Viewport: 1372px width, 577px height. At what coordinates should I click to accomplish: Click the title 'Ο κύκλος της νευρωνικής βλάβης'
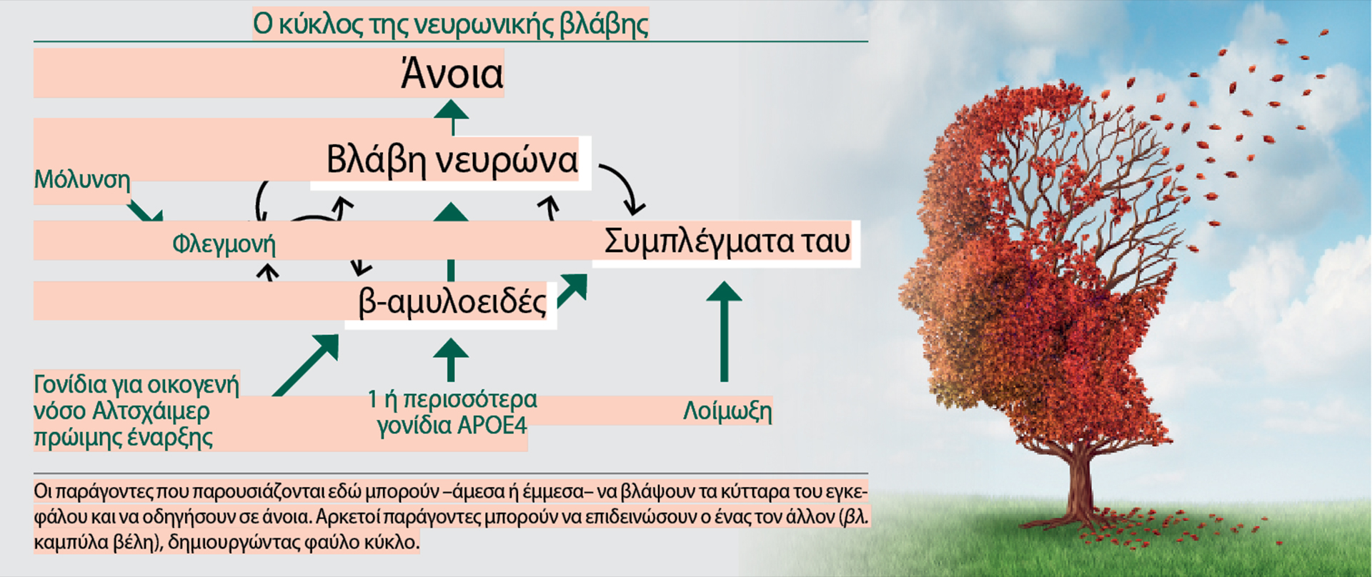[x=450, y=24]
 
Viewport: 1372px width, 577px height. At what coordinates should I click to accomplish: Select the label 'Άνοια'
[x=452, y=74]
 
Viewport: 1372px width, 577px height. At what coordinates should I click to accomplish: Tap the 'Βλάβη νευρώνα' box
[x=452, y=160]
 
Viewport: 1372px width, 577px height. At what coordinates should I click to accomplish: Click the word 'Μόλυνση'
[x=82, y=179]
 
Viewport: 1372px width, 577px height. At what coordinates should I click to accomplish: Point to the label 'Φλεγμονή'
[x=224, y=244]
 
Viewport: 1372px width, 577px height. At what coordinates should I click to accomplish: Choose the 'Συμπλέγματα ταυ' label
[x=727, y=241]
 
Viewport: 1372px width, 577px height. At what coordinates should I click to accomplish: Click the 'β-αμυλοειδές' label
[x=452, y=302]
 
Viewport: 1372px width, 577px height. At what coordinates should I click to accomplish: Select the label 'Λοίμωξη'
[x=727, y=411]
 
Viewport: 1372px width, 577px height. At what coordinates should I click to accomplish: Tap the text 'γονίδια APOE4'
[x=452, y=426]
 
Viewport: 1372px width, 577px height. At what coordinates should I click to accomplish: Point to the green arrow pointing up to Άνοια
[x=452, y=116]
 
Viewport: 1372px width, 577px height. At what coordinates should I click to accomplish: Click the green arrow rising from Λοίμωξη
[x=724, y=328]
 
